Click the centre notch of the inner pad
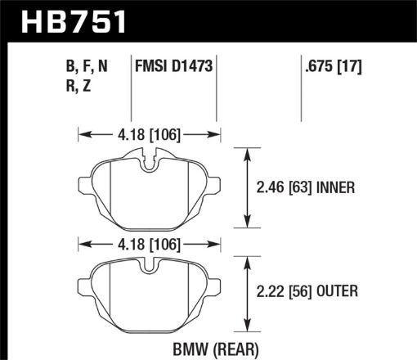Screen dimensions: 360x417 click(x=148, y=162)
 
